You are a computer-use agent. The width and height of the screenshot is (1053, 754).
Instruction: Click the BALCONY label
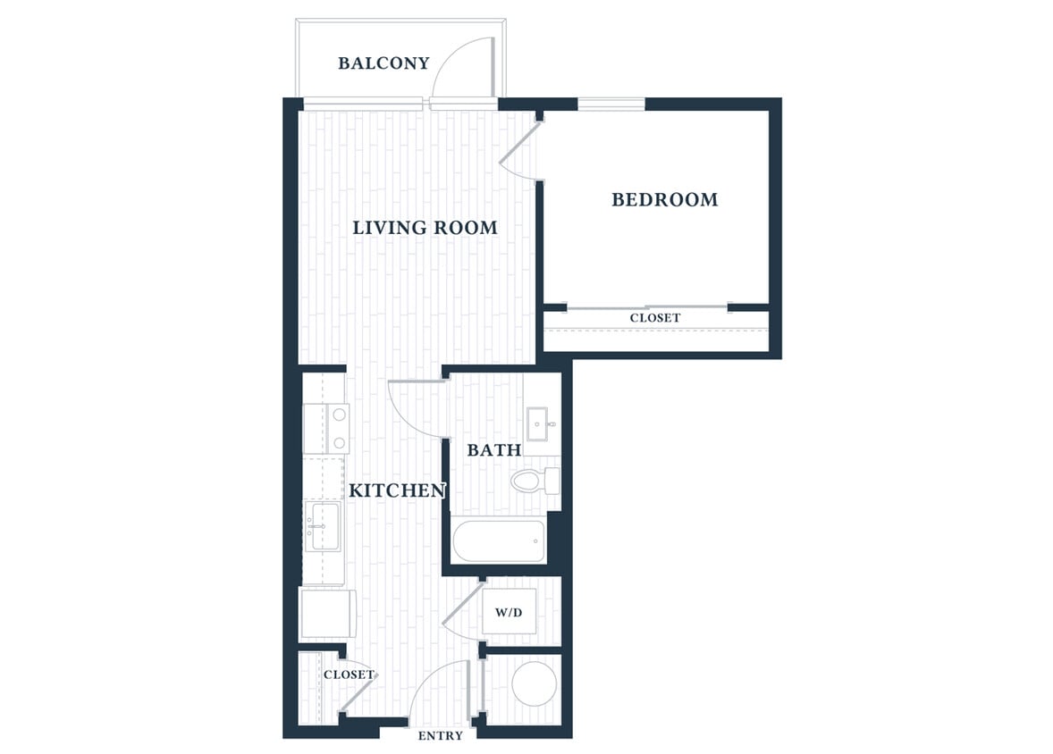click(x=383, y=63)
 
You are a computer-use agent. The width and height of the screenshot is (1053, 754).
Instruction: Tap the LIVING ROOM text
click(x=425, y=228)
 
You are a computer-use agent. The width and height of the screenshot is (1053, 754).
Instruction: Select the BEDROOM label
click(x=664, y=200)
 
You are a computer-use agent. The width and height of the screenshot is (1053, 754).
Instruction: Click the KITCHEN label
click(x=397, y=490)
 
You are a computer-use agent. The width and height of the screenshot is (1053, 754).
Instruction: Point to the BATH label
click(x=494, y=450)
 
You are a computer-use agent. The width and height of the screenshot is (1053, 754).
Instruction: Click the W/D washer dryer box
click(x=509, y=613)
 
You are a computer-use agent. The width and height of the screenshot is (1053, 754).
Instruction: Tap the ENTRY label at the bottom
click(x=441, y=736)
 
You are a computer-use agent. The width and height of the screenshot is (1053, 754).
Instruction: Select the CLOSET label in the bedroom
click(x=654, y=318)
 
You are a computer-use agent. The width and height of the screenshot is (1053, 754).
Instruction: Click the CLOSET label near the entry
click(x=349, y=674)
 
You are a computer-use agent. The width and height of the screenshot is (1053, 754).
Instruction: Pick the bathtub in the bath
click(x=499, y=541)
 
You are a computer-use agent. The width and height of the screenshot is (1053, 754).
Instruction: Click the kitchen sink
click(x=322, y=525)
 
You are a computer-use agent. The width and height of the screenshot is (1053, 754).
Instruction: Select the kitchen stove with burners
click(x=326, y=428)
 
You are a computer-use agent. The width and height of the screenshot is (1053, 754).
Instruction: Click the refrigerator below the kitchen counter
click(x=327, y=614)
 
